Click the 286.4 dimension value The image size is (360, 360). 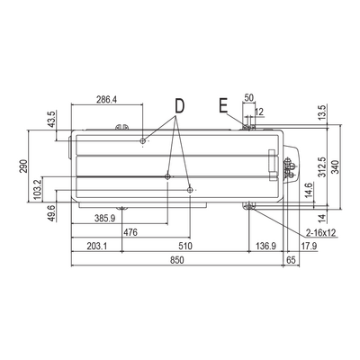tap(106, 99)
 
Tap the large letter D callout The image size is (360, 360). tap(179, 106)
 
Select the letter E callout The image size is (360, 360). tap(223, 105)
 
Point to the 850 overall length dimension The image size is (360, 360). tap(177, 260)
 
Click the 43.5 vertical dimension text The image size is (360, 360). tap(51, 120)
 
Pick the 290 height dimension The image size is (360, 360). tap(23, 166)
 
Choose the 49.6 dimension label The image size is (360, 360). tap(52, 213)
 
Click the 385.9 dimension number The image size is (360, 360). tap(105, 219)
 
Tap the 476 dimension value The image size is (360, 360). tap(130, 232)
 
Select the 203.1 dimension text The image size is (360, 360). tap(96, 247)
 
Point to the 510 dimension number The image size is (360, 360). tap(185, 247)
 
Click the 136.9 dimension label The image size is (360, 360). tap(265, 247)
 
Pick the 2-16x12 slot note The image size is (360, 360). tap(320, 232)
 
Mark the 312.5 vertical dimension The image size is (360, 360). tap(322, 166)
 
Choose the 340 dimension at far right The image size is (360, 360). tap(335, 167)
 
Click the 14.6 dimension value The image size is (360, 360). tap(309, 189)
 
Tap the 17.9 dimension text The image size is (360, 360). tap(309, 247)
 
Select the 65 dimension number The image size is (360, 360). tap(292, 260)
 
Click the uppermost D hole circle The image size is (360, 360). tap(143, 140)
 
